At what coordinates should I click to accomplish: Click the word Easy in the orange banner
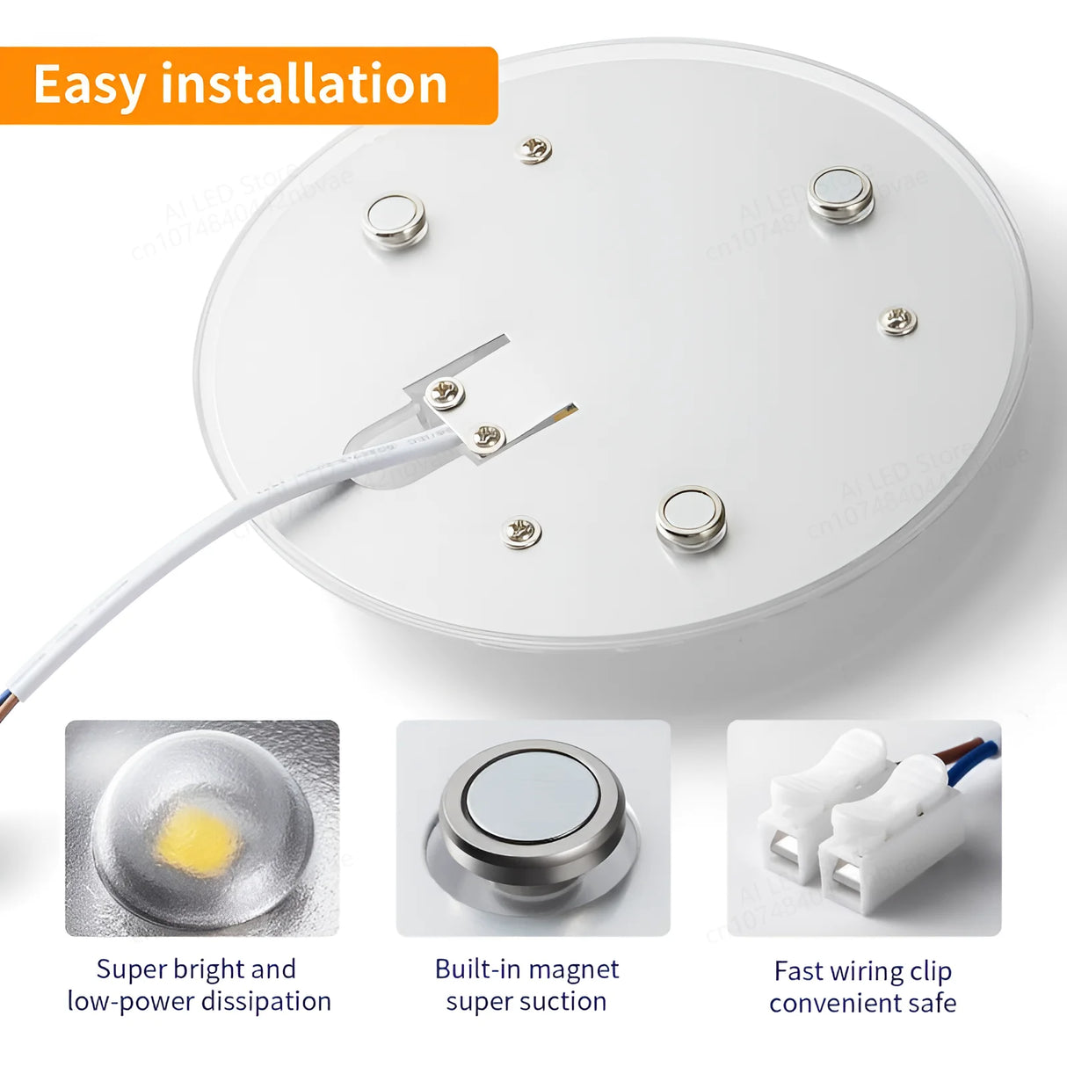pos(89,85)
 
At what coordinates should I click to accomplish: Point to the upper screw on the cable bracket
pos(446,392)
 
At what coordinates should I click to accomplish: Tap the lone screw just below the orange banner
pos(533,149)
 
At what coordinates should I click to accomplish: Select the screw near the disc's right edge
pos(897,321)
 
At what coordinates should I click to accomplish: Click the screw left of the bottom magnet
pos(521,531)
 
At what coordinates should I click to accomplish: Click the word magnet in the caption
pos(575,969)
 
